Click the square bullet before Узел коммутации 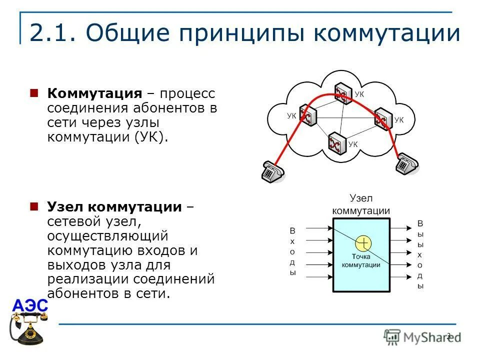coord(34,206)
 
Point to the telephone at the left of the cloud coord(272,171)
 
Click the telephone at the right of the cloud coord(407,164)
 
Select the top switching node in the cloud coord(344,93)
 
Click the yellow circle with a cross coord(363,243)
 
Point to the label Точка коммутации coord(361,261)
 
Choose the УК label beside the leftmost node coord(291,115)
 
